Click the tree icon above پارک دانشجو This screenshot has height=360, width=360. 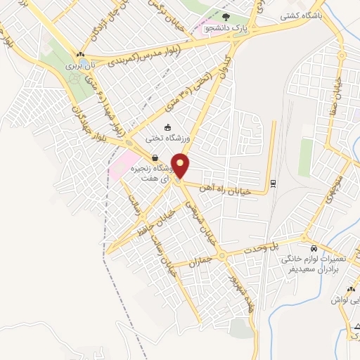pyautogui.click(x=226, y=18)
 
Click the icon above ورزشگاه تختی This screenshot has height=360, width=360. pyautogui.click(x=167, y=127)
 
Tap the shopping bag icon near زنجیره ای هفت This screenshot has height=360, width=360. pyautogui.click(x=154, y=157)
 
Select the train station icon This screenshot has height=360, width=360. pyautogui.click(x=273, y=184)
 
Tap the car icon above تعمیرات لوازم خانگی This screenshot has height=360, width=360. pyautogui.click(x=314, y=249)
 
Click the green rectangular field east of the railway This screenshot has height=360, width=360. pyautogui.click(x=305, y=157)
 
